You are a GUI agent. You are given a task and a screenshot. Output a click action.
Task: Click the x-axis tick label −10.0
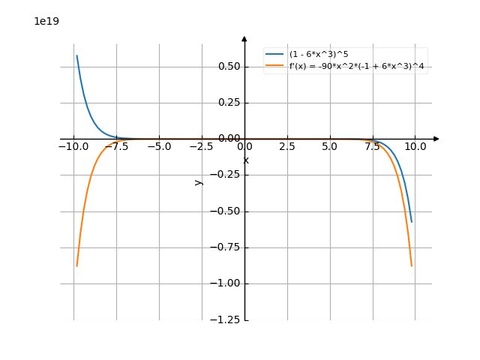pos(73,147)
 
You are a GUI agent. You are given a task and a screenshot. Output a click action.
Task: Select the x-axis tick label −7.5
pos(116,147)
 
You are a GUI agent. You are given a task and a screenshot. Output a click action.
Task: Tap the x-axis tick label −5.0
pos(159,147)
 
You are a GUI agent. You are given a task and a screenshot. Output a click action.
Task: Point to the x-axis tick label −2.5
pos(202,147)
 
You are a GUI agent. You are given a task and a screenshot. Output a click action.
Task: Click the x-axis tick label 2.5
pos(287,147)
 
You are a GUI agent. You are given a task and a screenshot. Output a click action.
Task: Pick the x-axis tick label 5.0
pos(329,147)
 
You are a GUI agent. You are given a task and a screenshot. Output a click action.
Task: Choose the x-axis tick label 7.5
pos(372,147)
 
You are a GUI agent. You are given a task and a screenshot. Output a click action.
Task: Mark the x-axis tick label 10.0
pos(415,147)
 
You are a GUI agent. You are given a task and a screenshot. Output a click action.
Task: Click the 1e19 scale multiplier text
pos(46,21)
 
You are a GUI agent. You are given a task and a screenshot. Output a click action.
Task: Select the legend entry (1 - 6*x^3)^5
pos(318,54)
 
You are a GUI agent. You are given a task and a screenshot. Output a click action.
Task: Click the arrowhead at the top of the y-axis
pos(244,38)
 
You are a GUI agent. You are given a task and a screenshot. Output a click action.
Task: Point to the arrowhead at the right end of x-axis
pos(436,139)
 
